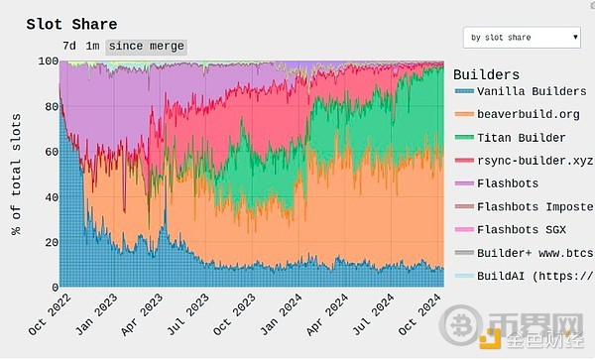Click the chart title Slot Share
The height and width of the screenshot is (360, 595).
71,24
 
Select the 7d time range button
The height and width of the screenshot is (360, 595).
69,46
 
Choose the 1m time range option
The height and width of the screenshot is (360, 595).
92,46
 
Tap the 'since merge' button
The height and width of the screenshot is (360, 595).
145,46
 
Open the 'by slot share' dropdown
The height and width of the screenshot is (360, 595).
522,38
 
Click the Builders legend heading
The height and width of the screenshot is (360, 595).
486,74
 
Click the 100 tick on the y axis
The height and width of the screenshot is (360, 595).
46,60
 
